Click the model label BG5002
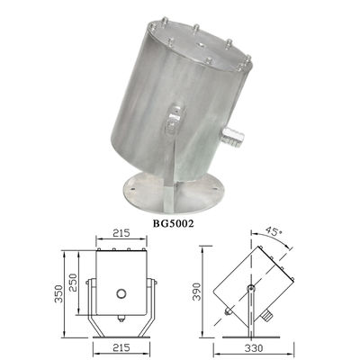[x=173, y=224]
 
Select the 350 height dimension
[x=58, y=293]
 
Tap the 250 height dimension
[x=73, y=283]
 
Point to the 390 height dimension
[x=196, y=291]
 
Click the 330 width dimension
[x=254, y=348]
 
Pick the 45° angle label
[x=274, y=233]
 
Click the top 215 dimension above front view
[x=121, y=233]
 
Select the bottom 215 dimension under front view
[x=121, y=347]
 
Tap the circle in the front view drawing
[x=121, y=293]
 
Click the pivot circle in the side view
[x=250, y=288]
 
